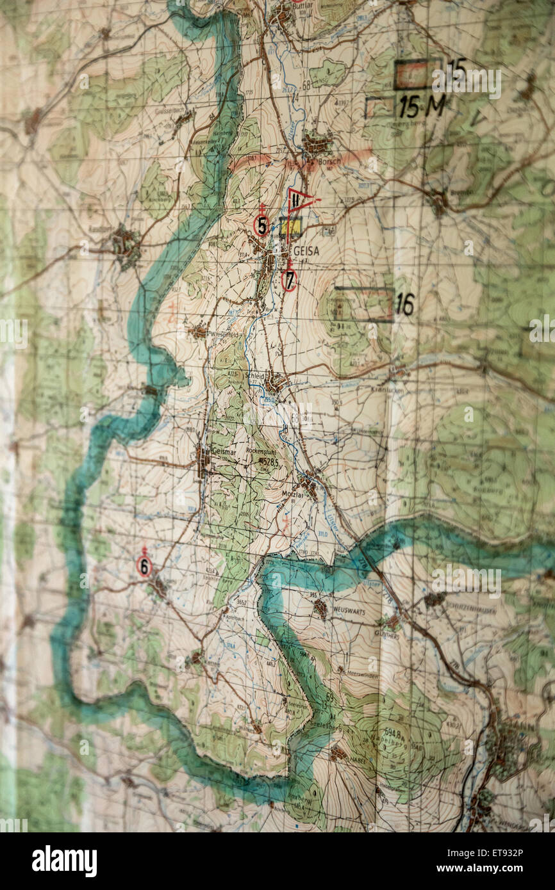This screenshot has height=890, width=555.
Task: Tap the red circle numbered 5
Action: (x=261, y=225)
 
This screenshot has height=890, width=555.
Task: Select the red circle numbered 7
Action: (x=289, y=280)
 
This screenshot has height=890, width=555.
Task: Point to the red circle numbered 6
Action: (x=144, y=566)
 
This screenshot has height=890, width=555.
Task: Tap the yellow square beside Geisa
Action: (x=290, y=227)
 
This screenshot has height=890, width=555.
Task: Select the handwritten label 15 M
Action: (x=420, y=106)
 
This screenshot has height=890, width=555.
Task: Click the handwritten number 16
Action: (x=404, y=305)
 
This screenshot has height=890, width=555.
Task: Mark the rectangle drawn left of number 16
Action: (x=363, y=304)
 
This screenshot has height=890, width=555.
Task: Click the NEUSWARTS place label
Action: (x=348, y=612)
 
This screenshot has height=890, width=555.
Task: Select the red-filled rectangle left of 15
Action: (x=417, y=74)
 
